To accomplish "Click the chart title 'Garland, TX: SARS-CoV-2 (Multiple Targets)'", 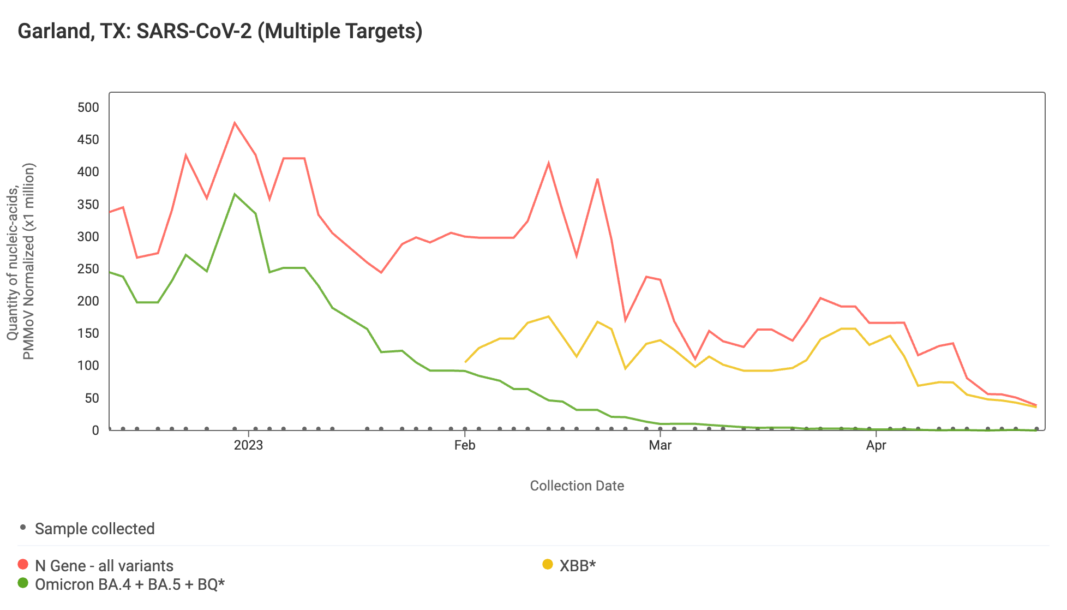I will pos(220,31).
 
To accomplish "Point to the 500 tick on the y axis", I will pos(88,107).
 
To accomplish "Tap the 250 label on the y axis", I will pos(88,269).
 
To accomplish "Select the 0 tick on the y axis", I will pos(95,430).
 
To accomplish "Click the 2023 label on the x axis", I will pos(248,445).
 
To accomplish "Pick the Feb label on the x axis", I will pos(465,445).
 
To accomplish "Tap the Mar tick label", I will pos(660,445).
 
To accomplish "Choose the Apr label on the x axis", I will pos(876,445).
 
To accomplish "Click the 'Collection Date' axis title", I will pos(577,486).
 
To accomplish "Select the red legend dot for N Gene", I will pos(23,565).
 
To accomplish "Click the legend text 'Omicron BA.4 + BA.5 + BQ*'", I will pos(130,584).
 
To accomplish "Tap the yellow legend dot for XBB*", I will pos(548,565).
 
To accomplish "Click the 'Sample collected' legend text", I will pos(95,529).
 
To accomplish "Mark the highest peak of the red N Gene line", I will pos(235,123).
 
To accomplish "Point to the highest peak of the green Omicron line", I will pos(235,194).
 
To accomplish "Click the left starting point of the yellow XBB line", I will pos(465,362).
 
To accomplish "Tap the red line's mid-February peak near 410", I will pos(548,163).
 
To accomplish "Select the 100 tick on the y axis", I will pos(88,366).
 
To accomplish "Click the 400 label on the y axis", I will pos(88,172).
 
